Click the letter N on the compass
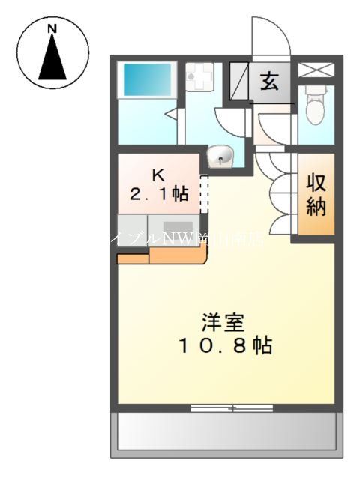tap(52, 28)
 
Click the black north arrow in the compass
tap(52, 57)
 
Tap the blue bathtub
tap(147, 78)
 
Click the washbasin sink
tap(223, 156)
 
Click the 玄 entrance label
tap(269, 82)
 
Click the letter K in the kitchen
tap(158, 175)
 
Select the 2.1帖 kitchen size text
tap(159, 194)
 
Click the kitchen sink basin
tap(175, 227)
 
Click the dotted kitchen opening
tap(203, 194)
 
